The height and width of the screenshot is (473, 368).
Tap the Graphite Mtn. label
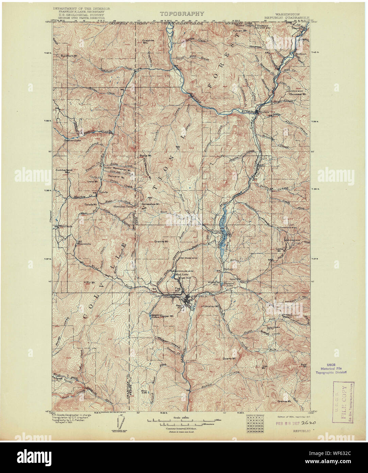pos(148,42)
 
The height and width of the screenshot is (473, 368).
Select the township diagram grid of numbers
pos(253,424)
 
